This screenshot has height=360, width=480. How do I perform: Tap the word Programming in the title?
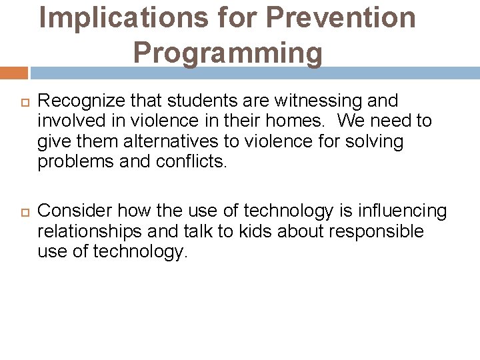coord(227,52)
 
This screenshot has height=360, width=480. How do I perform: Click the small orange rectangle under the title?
coord(13,73)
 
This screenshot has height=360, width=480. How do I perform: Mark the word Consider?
coord(74,211)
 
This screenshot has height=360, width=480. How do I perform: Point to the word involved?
coord(69,121)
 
